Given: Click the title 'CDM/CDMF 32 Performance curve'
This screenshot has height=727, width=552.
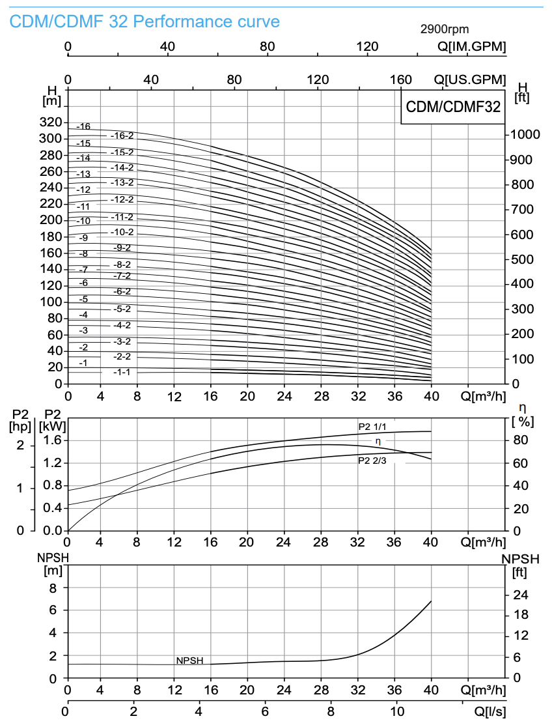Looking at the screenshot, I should (145, 21).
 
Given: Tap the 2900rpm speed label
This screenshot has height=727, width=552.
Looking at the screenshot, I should (445, 29).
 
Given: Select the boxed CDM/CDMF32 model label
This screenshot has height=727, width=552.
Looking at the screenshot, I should (453, 107).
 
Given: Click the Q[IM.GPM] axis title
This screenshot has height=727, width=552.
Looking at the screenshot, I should (472, 46).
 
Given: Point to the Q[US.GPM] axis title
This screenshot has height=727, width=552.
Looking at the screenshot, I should (470, 79).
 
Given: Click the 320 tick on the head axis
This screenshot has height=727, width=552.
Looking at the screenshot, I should (50, 122).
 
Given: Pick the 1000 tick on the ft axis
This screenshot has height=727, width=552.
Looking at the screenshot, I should (525, 134).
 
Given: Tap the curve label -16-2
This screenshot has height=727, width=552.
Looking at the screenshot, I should (122, 135).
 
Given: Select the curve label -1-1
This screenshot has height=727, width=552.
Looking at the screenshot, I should (122, 372).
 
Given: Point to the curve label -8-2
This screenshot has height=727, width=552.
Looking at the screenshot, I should (122, 264).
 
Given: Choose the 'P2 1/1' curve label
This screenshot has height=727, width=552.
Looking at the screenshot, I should (372, 427).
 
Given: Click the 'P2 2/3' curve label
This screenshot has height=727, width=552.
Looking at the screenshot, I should (372, 461).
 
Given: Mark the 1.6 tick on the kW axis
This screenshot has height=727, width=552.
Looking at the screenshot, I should (52, 440).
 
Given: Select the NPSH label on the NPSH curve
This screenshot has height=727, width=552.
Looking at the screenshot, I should (189, 661).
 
